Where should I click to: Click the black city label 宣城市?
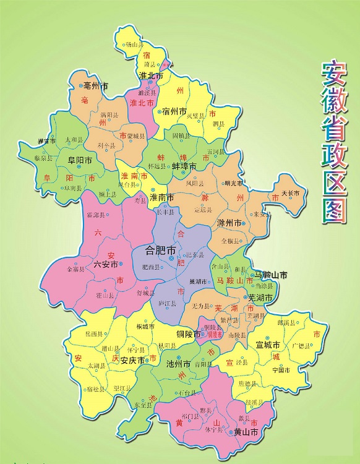tap(268, 345)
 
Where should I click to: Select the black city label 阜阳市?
tap(80, 160)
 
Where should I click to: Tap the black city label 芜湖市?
tap(260, 298)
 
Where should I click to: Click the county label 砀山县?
tap(133, 45)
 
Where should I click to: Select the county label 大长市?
tap(290, 194)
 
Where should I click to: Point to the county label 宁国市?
tap(281, 370)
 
